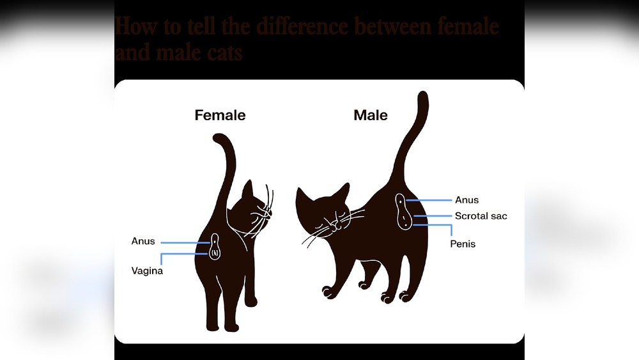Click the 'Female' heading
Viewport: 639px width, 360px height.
coord(220,116)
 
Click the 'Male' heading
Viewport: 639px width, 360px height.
coord(371,116)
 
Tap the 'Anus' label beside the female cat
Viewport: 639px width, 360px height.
coord(143,241)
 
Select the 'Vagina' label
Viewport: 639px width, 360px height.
coord(148,271)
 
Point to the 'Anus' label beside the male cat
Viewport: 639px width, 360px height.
coord(466,200)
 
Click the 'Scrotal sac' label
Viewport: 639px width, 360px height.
coord(481,216)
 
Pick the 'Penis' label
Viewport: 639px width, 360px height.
coord(463,244)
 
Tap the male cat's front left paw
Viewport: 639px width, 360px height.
coord(328,292)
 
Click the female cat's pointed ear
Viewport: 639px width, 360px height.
coord(248,190)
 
